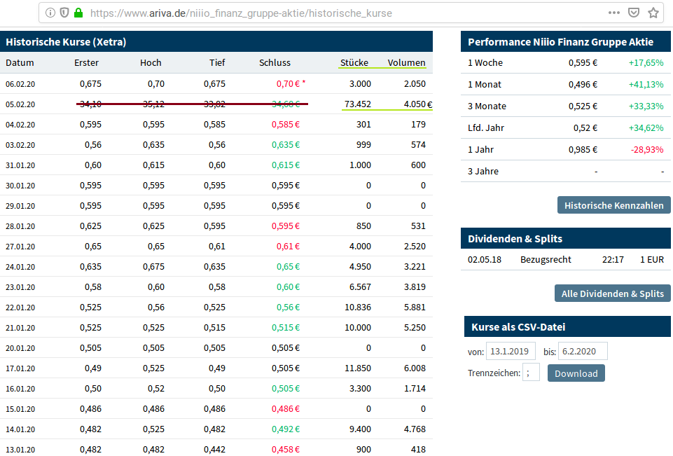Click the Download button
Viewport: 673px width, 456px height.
coord(576,373)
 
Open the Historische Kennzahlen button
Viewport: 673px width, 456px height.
coord(613,205)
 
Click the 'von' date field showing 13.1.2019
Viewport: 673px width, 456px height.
coord(511,352)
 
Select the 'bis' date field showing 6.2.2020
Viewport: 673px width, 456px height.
coord(582,352)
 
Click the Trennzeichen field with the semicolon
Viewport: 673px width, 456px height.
coord(531,373)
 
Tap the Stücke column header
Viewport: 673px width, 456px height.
coord(354,62)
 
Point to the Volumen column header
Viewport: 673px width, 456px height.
coord(406,62)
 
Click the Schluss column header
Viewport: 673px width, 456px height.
coord(275,62)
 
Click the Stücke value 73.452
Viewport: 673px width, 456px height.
coord(357,104)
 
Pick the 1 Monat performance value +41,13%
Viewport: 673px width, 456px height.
coord(645,84)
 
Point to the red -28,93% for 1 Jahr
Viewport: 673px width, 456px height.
coord(646,149)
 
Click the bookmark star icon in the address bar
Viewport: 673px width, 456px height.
coord(653,13)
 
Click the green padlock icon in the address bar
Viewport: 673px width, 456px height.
coord(78,13)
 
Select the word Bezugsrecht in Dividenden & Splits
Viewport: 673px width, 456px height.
coord(546,259)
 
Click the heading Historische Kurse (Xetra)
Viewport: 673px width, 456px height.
coord(66,42)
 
